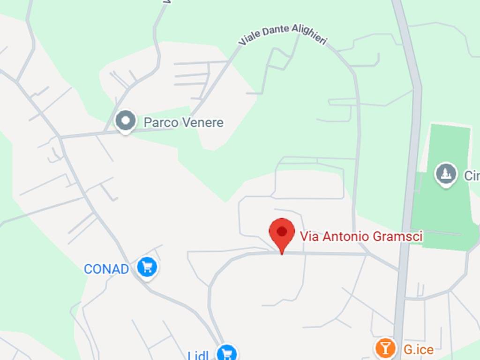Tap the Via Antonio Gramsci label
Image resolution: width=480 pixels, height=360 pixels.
pyautogui.click(x=361, y=236)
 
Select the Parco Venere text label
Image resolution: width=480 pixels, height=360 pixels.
pyautogui.click(x=183, y=123)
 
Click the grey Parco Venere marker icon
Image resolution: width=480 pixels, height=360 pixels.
pyautogui.click(x=126, y=121)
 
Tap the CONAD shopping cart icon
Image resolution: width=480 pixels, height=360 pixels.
pyautogui.click(x=148, y=267)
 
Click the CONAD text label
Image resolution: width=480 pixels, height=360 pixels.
pyautogui.click(x=106, y=269)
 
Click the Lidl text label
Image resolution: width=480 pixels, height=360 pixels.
pyautogui.click(x=198, y=355)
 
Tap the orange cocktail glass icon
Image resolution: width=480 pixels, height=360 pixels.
pyautogui.click(x=385, y=348)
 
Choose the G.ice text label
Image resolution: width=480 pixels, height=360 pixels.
pyautogui.click(x=418, y=349)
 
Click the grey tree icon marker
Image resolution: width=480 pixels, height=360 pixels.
pyautogui.click(x=446, y=173)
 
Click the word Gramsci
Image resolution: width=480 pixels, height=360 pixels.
pyautogui.click(x=398, y=236)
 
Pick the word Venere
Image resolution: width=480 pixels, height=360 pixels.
pyautogui.click(x=202, y=123)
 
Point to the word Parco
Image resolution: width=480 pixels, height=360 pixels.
pyautogui.click(x=161, y=123)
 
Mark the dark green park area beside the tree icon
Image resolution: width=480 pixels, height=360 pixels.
pyautogui.click(x=441, y=211)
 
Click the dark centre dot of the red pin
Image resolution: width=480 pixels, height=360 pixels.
pyautogui.click(x=282, y=231)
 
